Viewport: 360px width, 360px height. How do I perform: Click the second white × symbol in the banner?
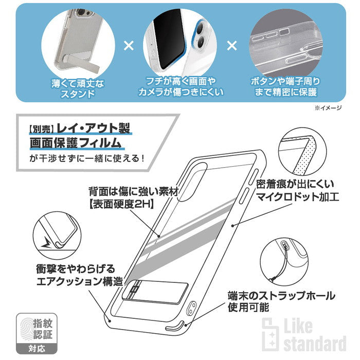(232, 46)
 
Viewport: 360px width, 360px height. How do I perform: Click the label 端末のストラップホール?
(282, 297)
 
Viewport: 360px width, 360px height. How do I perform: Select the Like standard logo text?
(314, 337)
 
